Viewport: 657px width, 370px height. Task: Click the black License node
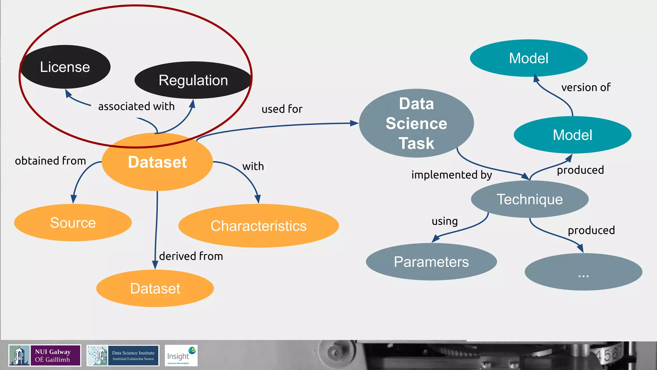coord(65,67)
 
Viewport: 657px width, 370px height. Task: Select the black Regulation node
coord(193,80)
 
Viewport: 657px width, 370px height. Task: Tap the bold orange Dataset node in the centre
coord(157,162)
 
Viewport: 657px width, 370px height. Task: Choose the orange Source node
coord(73,223)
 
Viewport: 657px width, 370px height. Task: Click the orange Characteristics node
coord(259,226)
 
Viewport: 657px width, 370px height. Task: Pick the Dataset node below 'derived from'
coord(155,288)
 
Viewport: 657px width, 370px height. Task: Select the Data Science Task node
coord(416,123)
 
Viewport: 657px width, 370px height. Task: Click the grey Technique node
coord(530,199)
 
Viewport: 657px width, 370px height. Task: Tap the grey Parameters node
coord(431,262)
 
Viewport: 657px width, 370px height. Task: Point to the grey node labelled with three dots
coord(583,272)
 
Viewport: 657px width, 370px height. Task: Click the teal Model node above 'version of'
coord(529,58)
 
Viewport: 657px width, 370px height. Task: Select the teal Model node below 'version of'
coord(572,135)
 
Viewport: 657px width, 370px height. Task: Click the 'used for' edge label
coord(282,109)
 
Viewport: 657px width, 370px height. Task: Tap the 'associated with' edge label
coord(136,106)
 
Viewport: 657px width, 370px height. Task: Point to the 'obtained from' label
coord(50,161)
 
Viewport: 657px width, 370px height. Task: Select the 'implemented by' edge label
coord(451,175)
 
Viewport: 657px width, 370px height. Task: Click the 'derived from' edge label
coord(191,256)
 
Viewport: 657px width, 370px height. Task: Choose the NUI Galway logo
coord(45,356)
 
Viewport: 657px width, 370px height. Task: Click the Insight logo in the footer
coord(181,356)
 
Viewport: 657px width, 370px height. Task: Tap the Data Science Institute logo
coord(123,356)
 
